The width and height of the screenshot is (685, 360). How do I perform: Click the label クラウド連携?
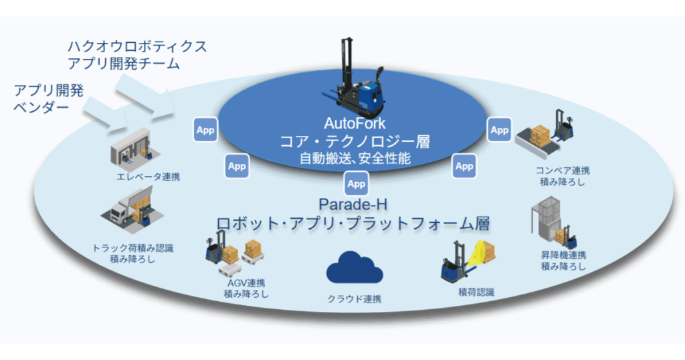(x=355, y=299)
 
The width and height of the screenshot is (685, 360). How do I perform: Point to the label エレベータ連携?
(x=148, y=177)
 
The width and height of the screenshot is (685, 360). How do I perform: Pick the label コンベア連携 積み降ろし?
(x=563, y=176)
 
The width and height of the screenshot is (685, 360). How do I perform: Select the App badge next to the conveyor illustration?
(x=499, y=130)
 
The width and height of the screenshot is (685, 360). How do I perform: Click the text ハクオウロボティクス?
(x=137, y=47)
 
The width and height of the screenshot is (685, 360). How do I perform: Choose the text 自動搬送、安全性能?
(x=355, y=159)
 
